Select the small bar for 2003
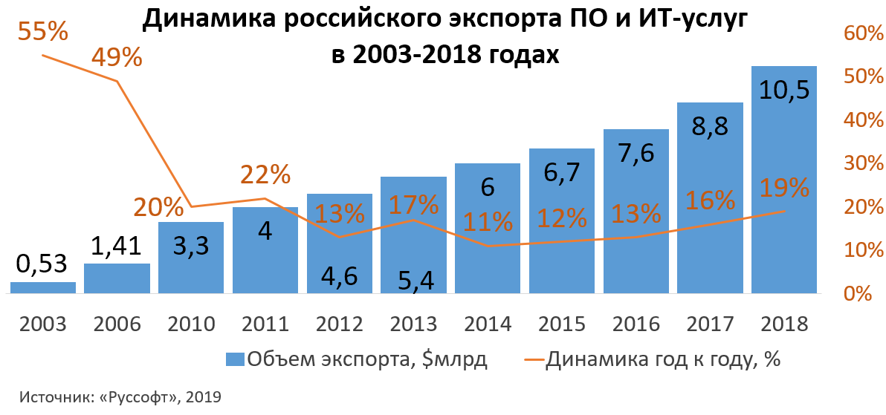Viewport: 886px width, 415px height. coord(43,288)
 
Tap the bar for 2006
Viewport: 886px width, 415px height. coord(117,278)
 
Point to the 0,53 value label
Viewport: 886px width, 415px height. coord(42,263)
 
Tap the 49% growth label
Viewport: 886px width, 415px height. coord(117,57)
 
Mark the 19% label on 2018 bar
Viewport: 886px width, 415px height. coord(784,188)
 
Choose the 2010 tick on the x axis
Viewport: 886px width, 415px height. coord(191,324)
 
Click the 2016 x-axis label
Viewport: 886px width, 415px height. coord(636,324)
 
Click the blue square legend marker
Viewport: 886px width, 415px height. coord(235,359)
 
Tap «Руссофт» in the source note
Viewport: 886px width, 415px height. coord(139,397)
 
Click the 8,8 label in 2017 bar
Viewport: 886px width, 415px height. coord(710,124)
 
